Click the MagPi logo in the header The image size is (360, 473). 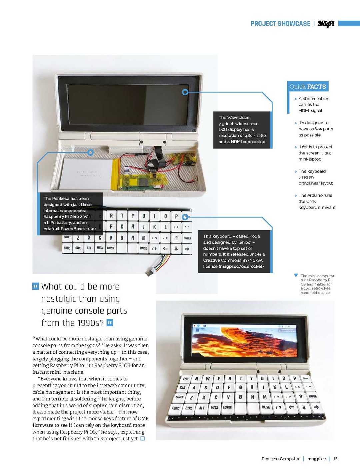pyautogui.click(x=326, y=24)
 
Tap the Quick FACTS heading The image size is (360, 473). pyautogui.click(x=308, y=87)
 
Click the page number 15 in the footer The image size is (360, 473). pyautogui.click(x=335, y=459)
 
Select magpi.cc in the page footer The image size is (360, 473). pyautogui.click(x=316, y=459)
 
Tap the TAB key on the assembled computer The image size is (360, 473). pyautogui.click(x=182, y=387)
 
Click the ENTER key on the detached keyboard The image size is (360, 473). pyautogui.click(x=187, y=238)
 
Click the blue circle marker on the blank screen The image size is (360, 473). pyautogui.click(x=185, y=92)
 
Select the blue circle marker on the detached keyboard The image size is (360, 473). pyautogui.click(x=185, y=217)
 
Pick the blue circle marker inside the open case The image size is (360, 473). pyautogui.click(x=91, y=153)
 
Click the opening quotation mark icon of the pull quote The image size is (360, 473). pyautogui.click(x=36, y=286)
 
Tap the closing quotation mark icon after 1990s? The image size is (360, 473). pyautogui.click(x=110, y=323)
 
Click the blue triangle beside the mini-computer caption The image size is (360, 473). pyautogui.click(x=296, y=275)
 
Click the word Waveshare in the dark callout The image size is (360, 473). pyautogui.click(x=238, y=118)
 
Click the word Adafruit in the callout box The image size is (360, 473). pyautogui.click(x=52, y=229)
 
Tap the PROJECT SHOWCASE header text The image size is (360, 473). pyautogui.click(x=280, y=24)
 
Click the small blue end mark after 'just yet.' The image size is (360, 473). pyautogui.click(x=142, y=439)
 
